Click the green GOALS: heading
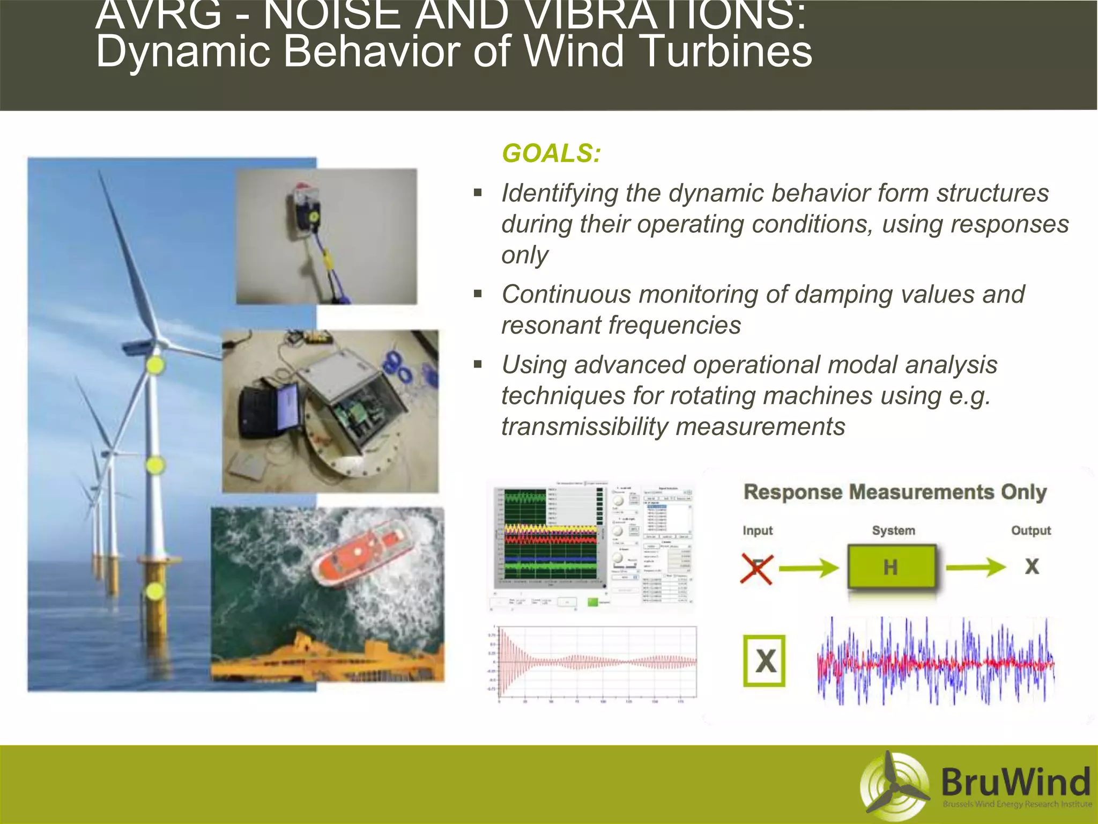click(551, 153)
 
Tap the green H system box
click(891, 567)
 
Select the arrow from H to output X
click(975, 567)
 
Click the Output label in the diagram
click(1030, 531)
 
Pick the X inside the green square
click(765, 661)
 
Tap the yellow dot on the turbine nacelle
click(155, 365)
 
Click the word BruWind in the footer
click(1015, 782)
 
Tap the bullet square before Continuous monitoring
click(478, 293)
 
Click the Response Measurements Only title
click(895, 492)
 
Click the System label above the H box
click(893, 531)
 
